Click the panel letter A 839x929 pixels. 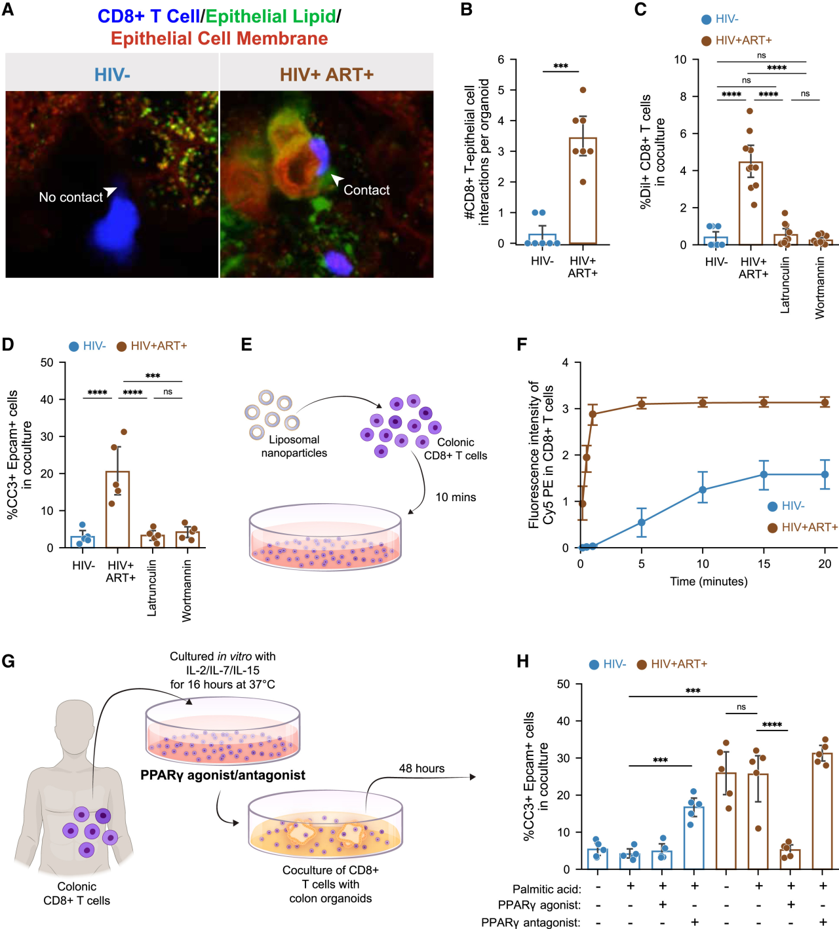click(x=8, y=10)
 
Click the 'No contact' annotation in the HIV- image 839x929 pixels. click(x=71, y=197)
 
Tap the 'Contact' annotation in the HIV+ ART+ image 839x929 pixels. click(x=366, y=190)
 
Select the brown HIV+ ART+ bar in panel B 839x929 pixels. click(x=583, y=191)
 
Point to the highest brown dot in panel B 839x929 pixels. click(x=583, y=90)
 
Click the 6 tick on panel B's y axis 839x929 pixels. click(x=501, y=60)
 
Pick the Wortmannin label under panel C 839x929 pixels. click(x=819, y=288)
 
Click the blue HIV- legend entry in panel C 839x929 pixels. click(x=720, y=19)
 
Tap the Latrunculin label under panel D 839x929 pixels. click(x=152, y=588)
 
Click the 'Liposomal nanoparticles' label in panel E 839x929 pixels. click(x=294, y=446)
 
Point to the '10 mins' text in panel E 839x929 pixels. click(x=456, y=497)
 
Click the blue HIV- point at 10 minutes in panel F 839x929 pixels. click(x=703, y=489)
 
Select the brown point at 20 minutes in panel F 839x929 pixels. click(x=825, y=402)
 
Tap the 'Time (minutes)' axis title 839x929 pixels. click(x=709, y=581)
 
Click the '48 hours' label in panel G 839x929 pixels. click(x=421, y=768)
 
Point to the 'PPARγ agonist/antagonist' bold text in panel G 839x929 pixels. click(x=223, y=775)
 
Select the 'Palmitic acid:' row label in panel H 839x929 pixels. click(x=547, y=889)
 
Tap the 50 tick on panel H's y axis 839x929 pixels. click(x=563, y=684)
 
